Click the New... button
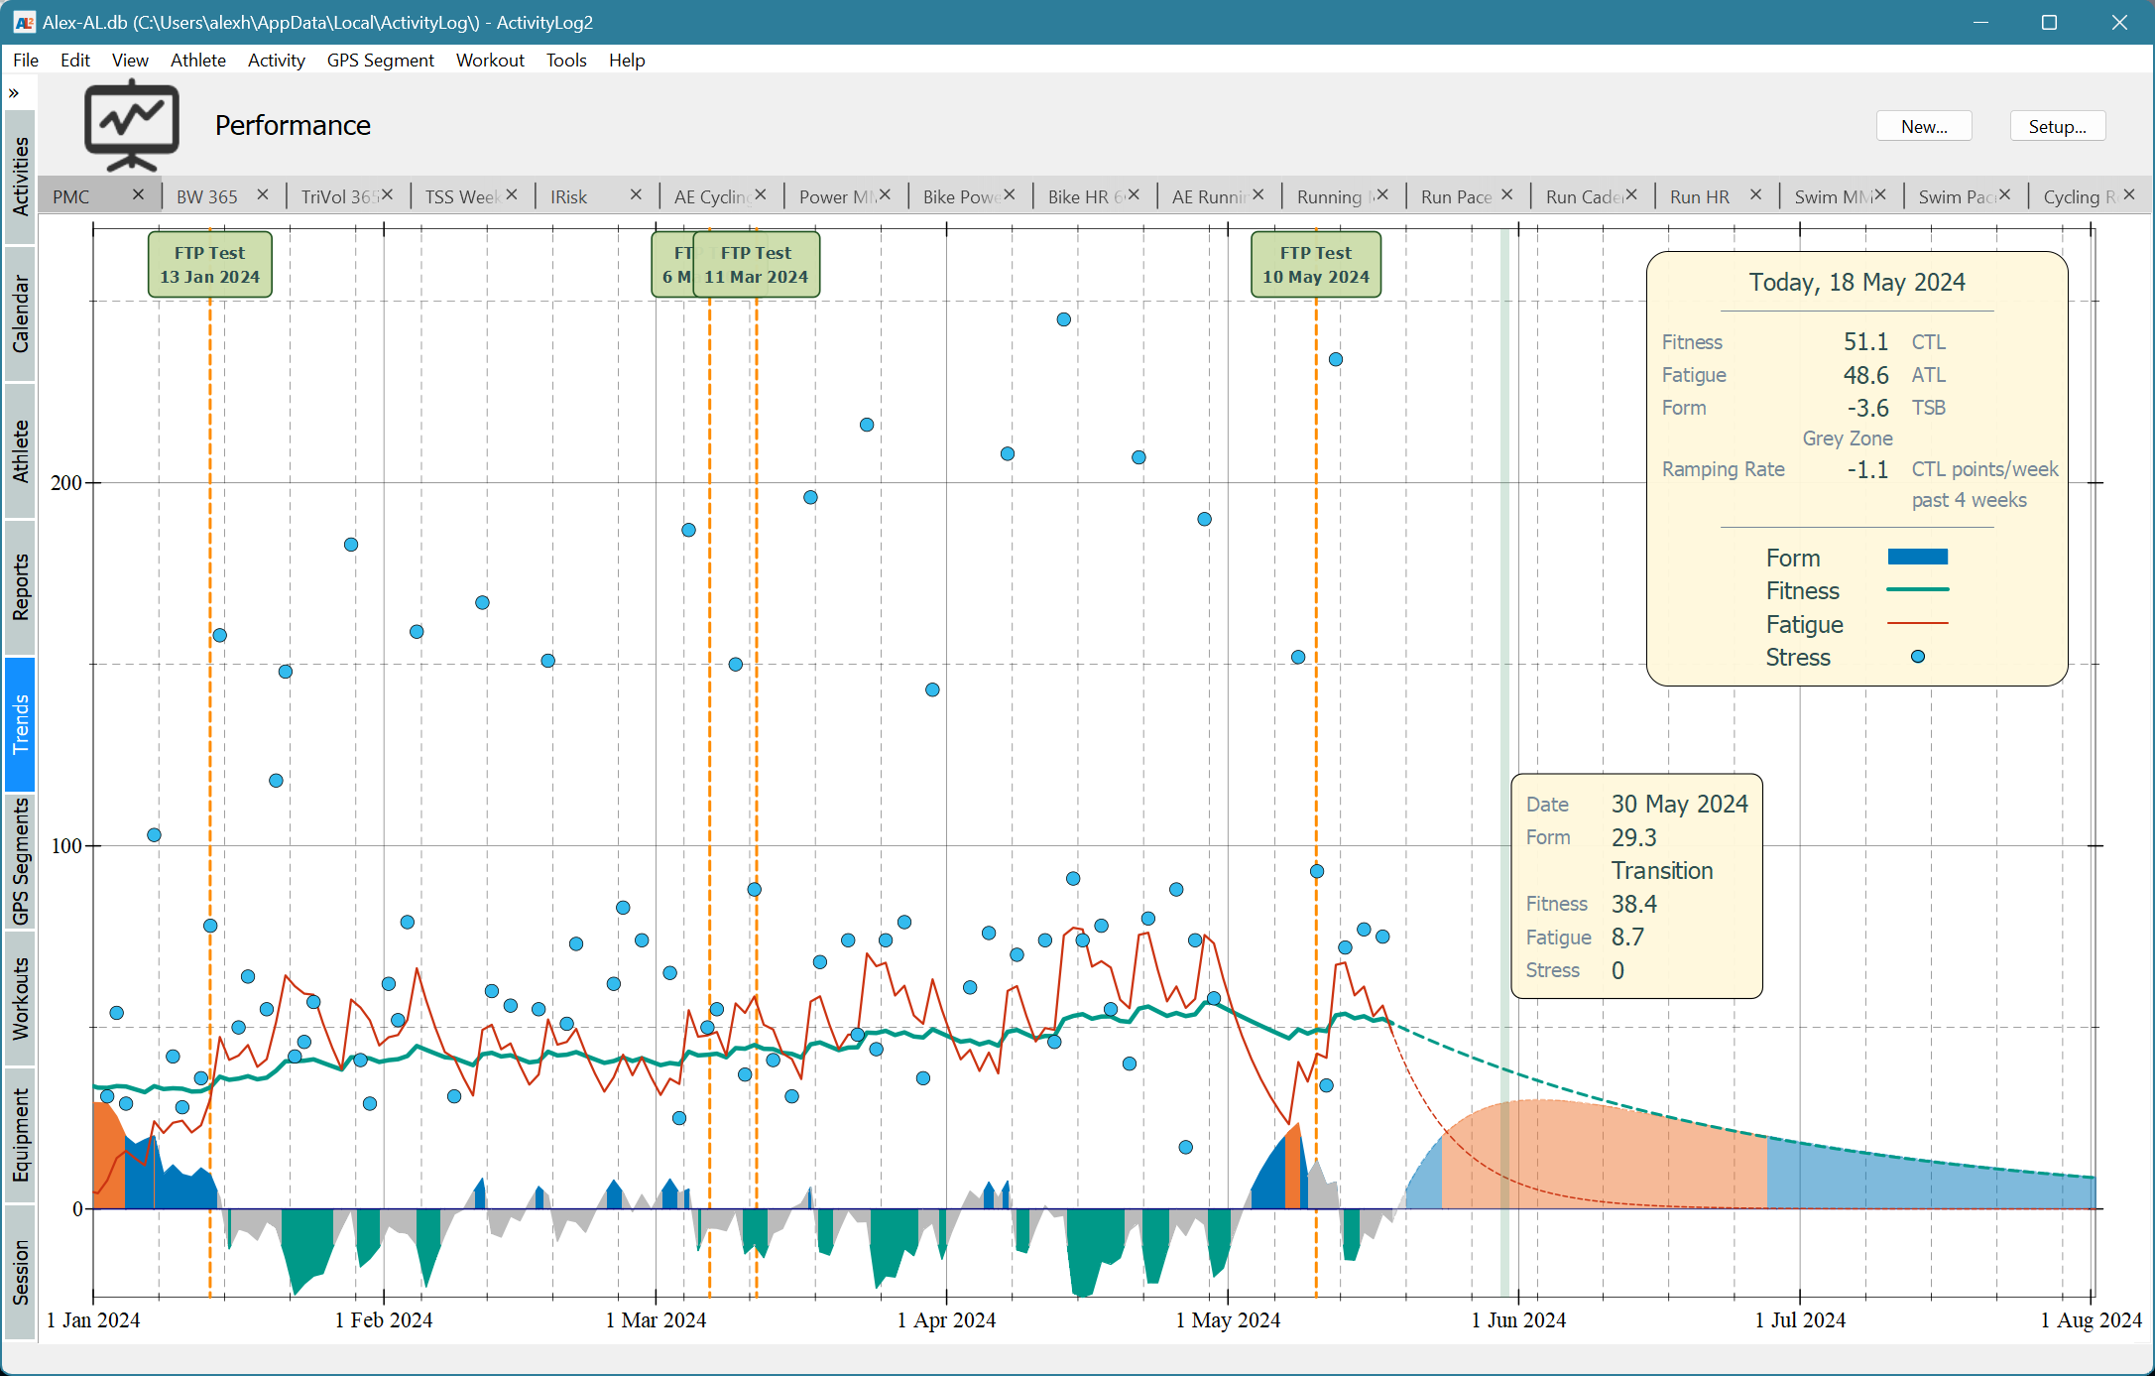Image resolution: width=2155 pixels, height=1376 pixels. coord(1923,127)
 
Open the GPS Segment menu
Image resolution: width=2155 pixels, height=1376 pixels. coord(380,61)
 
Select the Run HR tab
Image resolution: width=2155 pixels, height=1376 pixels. coord(1699,196)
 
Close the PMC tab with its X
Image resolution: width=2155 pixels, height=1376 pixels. coord(139,194)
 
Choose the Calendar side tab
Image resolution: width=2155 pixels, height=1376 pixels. coord(20,313)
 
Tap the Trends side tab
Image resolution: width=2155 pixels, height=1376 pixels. coord(20,723)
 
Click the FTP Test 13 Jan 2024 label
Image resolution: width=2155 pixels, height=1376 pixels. coord(210,265)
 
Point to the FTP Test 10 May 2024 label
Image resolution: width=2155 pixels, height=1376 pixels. coord(1315,265)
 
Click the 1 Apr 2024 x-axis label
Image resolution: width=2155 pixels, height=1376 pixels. coord(946,1320)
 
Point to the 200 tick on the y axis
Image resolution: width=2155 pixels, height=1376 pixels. coord(66,483)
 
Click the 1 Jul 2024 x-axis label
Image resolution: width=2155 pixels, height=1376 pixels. coord(1800,1320)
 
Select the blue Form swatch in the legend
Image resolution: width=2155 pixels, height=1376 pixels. coord(1917,558)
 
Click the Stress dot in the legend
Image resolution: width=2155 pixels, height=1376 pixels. coord(1917,657)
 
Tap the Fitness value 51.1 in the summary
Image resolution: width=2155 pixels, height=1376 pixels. coord(1865,342)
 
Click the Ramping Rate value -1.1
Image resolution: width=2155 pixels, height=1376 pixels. coord(1867,469)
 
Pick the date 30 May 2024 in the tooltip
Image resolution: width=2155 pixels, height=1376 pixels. coord(1679,805)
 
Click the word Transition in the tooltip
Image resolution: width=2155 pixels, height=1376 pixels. coord(1662,871)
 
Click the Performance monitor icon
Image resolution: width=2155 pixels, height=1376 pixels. coord(132,126)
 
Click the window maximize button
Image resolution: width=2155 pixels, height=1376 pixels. coord(2049,22)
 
